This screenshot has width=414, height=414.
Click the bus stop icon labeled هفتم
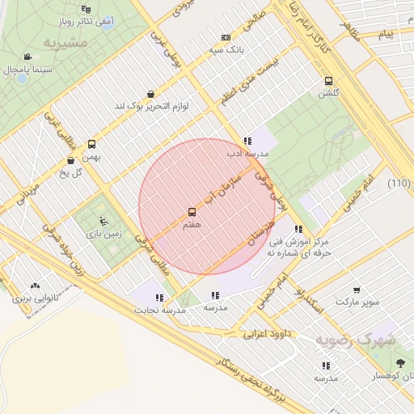pyautogui.click(x=192, y=213)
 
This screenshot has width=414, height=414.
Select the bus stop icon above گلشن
pyautogui.click(x=328, y=81)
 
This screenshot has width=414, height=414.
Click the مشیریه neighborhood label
pyautogui.click(x=65, y=41)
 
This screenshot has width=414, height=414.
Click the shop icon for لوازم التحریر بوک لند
pyautogui.click(x=151, y=94)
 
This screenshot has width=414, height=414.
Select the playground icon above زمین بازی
pyautogui.click(x=102, y=220)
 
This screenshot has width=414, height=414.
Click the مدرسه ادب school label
pyautogui.click(x=245, y=153)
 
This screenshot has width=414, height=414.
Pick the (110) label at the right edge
pyautogui.click(x=399, y=183)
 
